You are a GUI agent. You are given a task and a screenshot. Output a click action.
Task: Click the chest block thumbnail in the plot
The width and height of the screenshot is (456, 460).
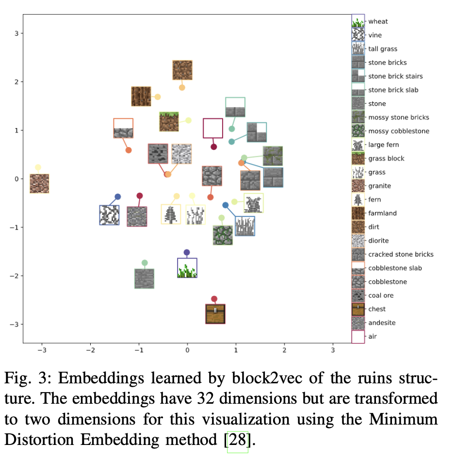click(x=215, y=314)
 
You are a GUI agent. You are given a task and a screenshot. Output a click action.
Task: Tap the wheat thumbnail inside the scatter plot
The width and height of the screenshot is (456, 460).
click(x=187, y=268)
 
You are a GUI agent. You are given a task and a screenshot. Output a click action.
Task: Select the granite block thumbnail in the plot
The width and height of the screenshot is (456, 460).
click(x=39, y=183)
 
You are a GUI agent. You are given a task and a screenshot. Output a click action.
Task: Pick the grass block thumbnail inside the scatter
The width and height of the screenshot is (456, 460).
click(x=169, y=122)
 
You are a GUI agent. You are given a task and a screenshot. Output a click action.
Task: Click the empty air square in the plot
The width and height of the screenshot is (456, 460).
click(x=213, y=128)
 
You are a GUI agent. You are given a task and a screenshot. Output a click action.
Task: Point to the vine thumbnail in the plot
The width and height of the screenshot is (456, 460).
click(x=109, y=215)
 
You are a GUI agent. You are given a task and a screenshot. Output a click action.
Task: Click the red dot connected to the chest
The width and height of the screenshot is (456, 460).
click(x=214, y=299)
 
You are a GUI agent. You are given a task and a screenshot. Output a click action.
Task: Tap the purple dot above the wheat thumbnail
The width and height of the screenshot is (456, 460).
click(x=186, y=252)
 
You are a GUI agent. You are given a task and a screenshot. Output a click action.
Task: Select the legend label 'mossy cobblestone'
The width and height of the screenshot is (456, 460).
click(x=399, y=131)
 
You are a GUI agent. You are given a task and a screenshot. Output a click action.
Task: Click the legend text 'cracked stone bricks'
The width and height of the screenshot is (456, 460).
click(x=401, y=254)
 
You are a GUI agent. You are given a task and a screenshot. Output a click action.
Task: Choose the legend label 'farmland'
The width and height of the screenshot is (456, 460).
click(x=382, y=214)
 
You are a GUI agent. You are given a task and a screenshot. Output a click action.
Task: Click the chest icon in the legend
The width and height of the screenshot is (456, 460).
click(x=358, y=309)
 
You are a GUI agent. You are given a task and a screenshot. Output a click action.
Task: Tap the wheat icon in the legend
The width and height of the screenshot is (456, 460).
click(x=358, y=21)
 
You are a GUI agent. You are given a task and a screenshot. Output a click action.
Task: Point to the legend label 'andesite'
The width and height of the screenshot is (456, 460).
click(x=382, y=323)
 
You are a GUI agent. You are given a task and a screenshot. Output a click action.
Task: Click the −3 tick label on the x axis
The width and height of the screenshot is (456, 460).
click(x=42, y=350)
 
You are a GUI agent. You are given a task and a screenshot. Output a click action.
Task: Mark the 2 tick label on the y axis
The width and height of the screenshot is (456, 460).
click(x=16, y=82)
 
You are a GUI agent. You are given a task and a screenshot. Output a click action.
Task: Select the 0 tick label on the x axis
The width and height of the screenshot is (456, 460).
click(x=187, y=350)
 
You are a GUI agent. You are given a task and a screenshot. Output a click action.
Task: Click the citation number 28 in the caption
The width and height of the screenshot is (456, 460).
click(x=238, y=440)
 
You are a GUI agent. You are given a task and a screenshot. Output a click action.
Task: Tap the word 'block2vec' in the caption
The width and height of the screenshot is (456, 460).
click(x=267, y=378)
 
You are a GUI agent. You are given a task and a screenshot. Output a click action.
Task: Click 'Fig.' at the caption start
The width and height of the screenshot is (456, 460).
click(x=17, y=378)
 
